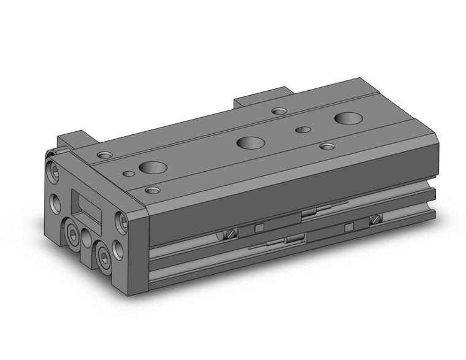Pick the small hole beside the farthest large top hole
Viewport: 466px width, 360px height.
coord(301,129)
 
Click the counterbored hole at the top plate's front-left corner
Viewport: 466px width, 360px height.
coord(152,190)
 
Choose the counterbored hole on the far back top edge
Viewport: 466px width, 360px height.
coord(279,111)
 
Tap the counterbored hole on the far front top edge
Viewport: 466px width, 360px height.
coord(328,146)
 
